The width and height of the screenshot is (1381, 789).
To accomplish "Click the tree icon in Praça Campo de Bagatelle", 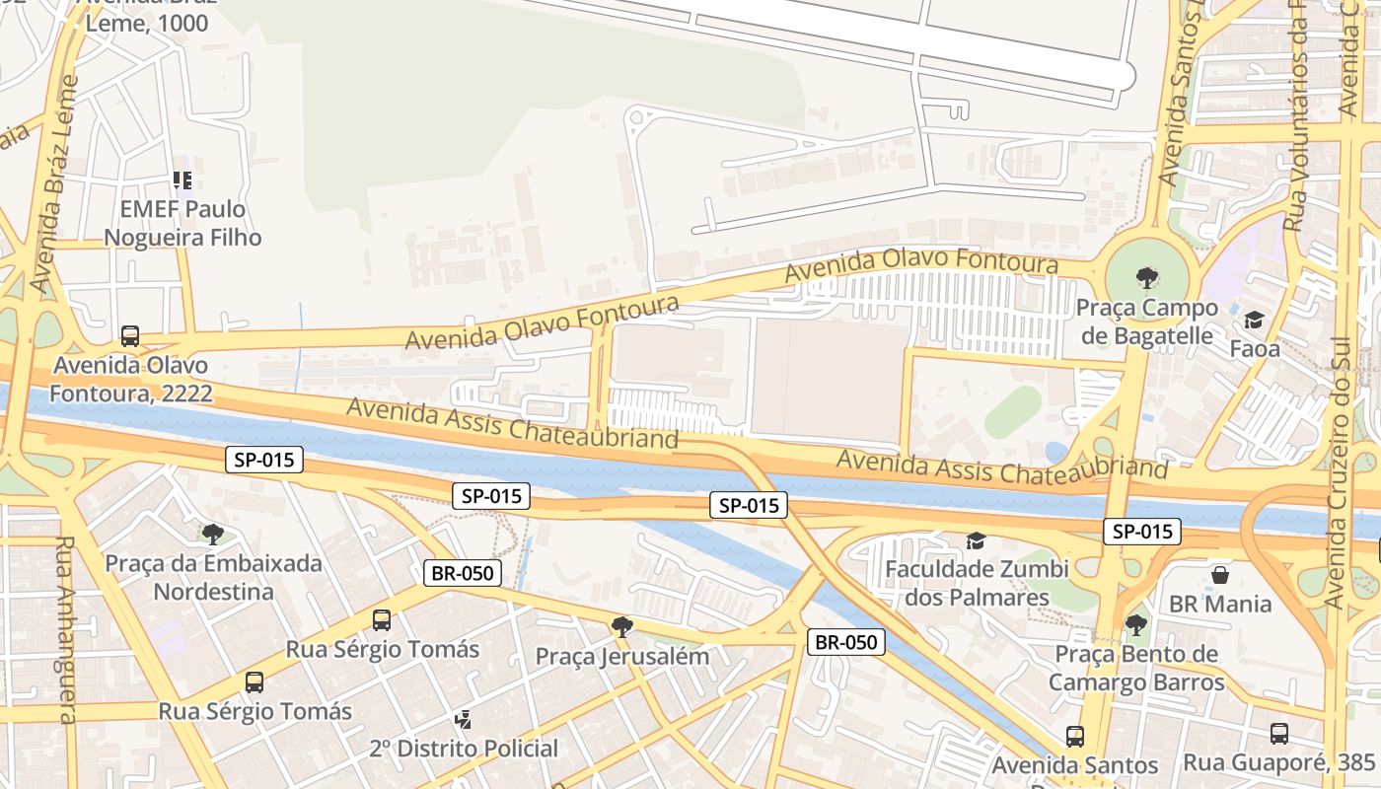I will pyautogui.click(x=1146, y=278).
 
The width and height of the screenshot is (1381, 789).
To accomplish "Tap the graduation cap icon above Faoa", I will pyautogui.click(x=1254, y=321).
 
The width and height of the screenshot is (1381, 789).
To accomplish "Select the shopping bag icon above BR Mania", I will pyautogui.click(x=1220, y=574).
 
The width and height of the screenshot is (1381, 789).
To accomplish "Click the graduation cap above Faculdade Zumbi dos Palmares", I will pyautogui.click(x=976, y=540).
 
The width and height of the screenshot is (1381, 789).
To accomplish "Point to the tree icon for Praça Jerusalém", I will pyautogui.click(x=621, y=626).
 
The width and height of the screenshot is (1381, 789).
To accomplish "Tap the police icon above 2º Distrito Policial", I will pyautogui.click(x=463, y=719).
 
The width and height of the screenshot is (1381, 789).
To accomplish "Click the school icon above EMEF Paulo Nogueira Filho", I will pyautogui.click(x=182, y=179).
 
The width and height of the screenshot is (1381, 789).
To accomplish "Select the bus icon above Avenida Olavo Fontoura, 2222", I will pyautogui.click(x=130, y=335).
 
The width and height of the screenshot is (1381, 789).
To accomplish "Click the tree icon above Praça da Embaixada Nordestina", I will pyautogui.click(x=212, y=535).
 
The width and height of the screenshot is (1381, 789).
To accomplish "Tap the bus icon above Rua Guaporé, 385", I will pyautogui.click(x=1279, y=733).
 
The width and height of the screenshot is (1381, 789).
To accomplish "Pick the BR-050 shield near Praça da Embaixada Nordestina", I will pyautogui.click(x=463, y=573).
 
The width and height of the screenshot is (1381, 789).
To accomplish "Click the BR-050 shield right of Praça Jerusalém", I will pyautogui.click(x=846, y=642).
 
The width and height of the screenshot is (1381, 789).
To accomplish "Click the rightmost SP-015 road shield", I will pyautogui.click(x=1141, y=532).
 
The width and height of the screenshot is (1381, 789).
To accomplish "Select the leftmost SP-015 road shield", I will pyautogui.click(x=263, y=459).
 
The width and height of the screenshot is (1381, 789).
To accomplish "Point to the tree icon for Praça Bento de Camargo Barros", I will pyautogui.click(x=1135, y=624).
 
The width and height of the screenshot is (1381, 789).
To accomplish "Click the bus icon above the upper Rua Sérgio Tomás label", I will pyautogui.click(x=382, y=620).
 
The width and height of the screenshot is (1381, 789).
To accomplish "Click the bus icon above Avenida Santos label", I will pyautogui.click(x=1074, y=736).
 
